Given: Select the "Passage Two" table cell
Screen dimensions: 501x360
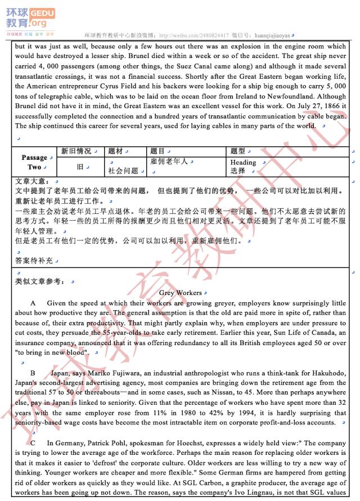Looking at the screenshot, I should click(34, 162).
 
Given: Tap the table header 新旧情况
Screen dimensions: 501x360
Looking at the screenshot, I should click(76, 151).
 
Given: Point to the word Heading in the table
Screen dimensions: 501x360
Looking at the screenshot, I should click(243, 162).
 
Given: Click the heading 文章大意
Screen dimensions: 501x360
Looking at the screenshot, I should click(33, 181).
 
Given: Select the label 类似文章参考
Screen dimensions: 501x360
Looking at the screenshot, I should click(39, 280).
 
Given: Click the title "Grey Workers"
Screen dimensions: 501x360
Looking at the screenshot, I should click(180, 293).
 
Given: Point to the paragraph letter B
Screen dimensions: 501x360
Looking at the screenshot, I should click(33, 373).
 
